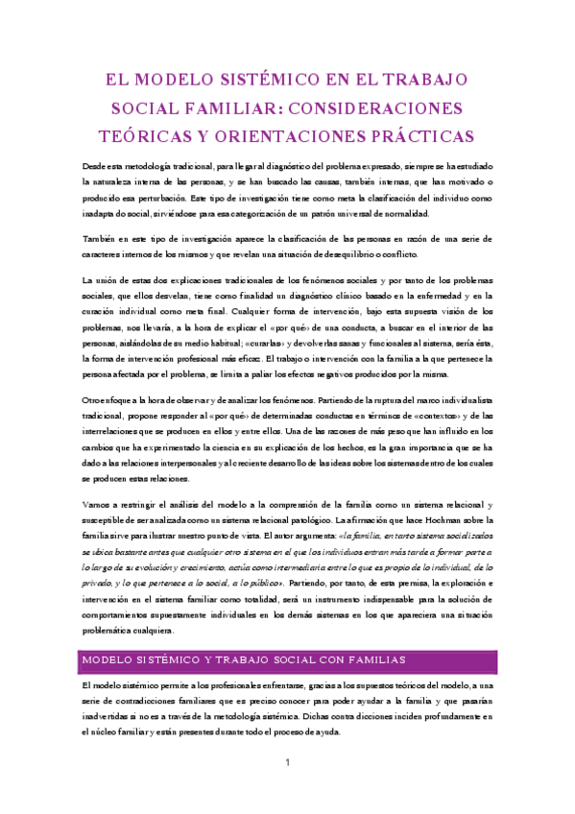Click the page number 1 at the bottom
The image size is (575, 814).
click(287, 762)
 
